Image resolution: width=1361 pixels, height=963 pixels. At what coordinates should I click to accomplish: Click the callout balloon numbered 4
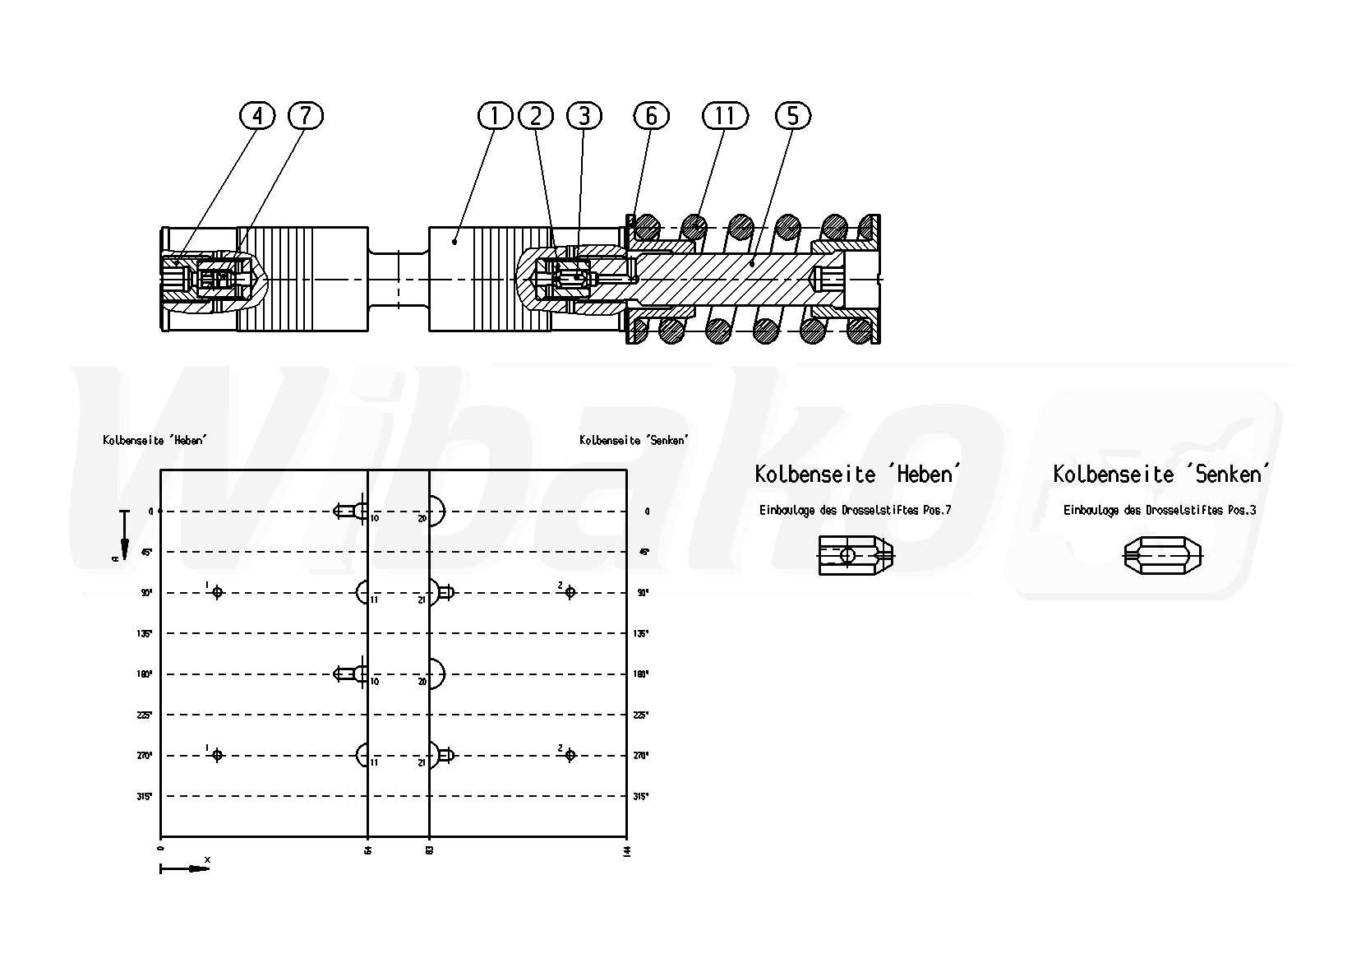click(257, 116)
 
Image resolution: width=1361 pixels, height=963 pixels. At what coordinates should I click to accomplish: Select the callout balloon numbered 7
click(306, 116)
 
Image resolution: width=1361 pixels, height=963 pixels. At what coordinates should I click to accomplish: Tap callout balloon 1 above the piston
click(495, 116)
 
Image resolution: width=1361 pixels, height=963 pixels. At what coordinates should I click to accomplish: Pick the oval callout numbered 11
click(724, 116)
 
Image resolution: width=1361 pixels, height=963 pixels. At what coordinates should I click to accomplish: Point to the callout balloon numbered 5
click(792, 116)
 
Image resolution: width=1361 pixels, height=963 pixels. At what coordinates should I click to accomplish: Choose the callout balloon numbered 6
click(651, 116)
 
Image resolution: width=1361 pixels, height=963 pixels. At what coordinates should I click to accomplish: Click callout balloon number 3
click(584, 116)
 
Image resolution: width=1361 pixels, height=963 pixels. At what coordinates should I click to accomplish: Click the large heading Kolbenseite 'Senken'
click(1162, 474)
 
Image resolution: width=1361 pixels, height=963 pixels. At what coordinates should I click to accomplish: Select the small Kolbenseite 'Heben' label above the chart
click(155, 440)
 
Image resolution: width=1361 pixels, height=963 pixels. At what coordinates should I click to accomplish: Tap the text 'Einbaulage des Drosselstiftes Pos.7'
click(856, 510)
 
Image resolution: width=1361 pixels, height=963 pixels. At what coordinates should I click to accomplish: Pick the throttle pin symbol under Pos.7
click(855, 555)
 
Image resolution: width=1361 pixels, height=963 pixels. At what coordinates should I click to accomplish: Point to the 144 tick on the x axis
click(626, 850)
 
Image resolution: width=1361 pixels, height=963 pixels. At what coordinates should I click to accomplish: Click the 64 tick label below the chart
click(367, 850)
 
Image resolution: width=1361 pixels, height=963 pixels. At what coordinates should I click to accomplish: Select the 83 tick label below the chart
click(429, 850)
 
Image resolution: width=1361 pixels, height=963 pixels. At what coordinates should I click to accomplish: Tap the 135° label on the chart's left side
click(145, 633)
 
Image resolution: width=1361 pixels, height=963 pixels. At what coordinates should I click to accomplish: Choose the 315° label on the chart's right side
click(641, 796)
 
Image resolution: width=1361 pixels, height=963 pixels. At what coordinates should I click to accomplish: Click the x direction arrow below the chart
click(185, 868)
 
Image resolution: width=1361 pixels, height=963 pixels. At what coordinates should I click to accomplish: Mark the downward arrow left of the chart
click(124, 535)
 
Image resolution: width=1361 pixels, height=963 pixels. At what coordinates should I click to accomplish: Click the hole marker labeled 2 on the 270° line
click(570, 755)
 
